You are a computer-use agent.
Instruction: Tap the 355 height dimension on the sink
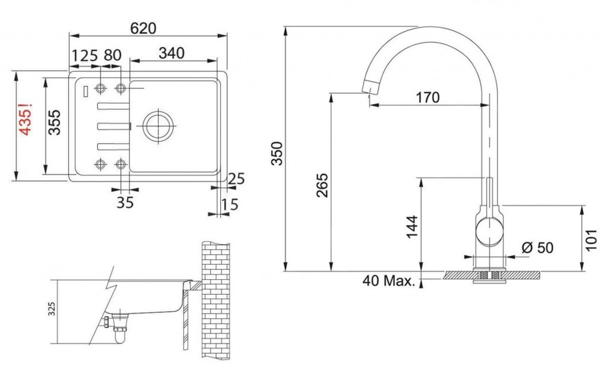pos(55,123)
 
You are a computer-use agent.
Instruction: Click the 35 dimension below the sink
pos(125,203)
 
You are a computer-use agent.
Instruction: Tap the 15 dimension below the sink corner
pos(229,205)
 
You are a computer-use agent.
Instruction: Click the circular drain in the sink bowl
pos(158,125)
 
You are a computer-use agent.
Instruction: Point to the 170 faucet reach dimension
pos(427,97)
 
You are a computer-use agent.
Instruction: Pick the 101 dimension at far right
pos(591,237)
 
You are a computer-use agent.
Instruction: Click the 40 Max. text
pos(389,281)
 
